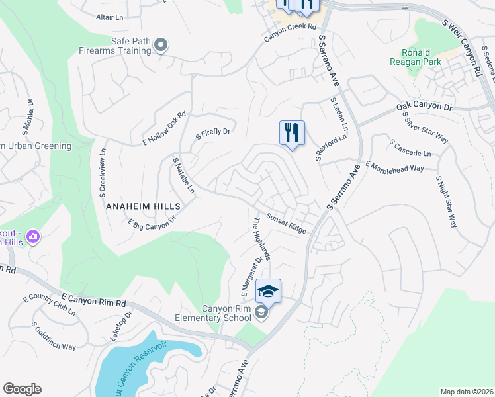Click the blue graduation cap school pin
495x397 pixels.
pos(268,292)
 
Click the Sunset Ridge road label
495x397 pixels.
pos(286,222)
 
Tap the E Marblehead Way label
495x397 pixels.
pos(394,167)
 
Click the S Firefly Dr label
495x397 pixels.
pos(212,134)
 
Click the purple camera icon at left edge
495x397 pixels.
pos(33,236)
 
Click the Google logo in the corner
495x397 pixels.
pos(22,389)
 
